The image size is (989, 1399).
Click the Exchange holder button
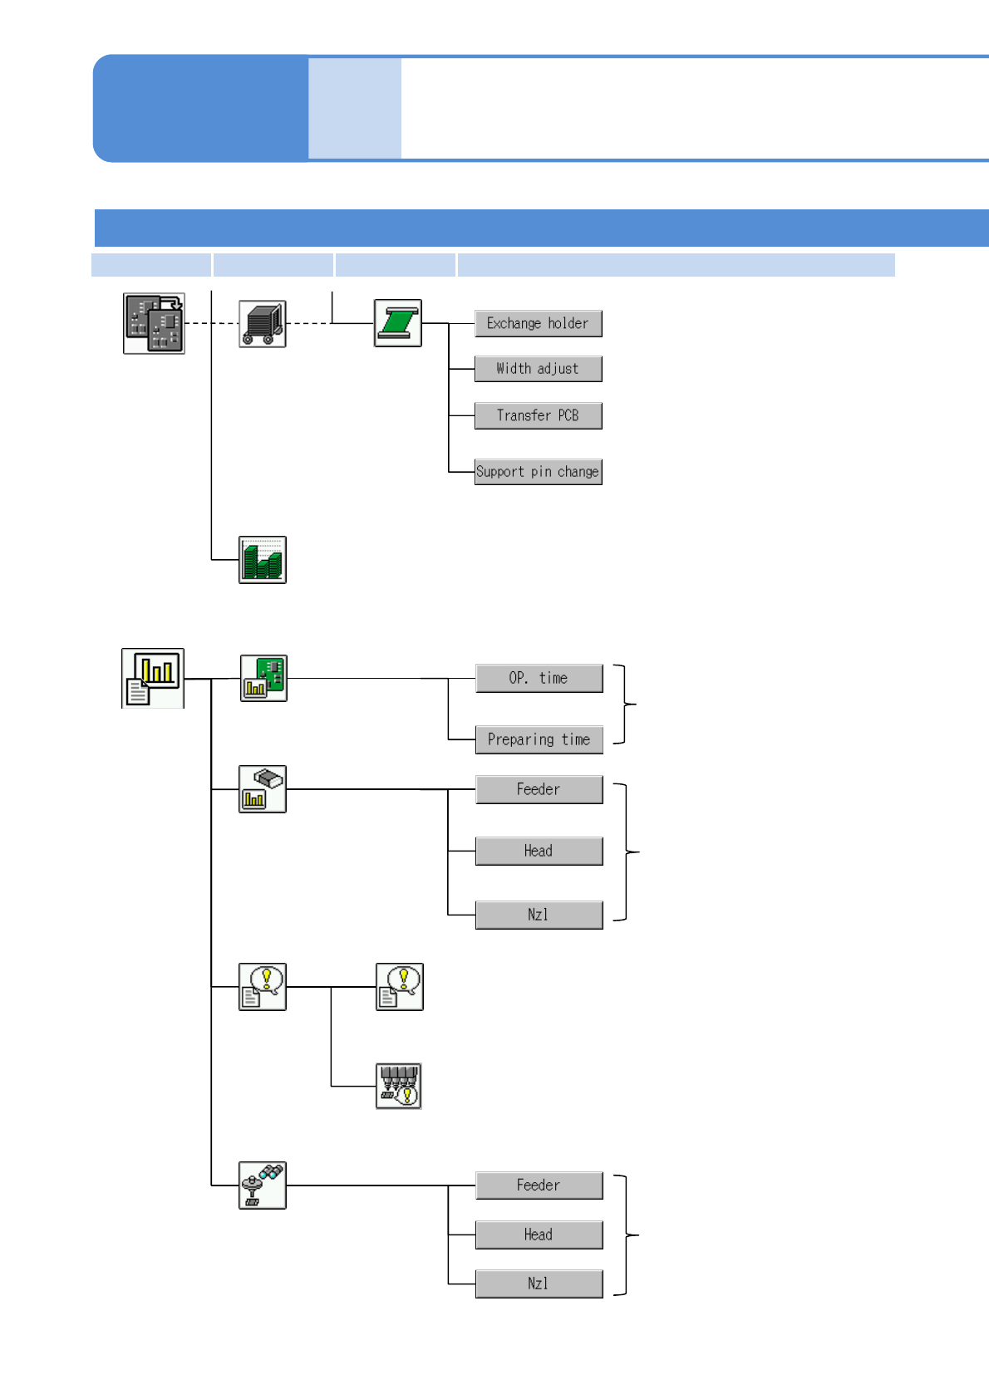point(538,324)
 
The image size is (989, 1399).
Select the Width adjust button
point(538,369)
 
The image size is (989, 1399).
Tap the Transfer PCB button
point(538,415)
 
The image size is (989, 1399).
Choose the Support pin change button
point(538,472)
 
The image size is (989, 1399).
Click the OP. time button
point(539,678)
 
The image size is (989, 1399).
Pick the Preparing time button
point(539,739)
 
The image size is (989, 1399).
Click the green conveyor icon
point(397,323)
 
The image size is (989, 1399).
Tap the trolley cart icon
point(263,324)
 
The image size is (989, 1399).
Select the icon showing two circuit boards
point(154,323)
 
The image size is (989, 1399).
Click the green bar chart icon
point(263,560)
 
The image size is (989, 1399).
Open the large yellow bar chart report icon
point(153,678)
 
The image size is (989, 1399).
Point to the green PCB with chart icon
point(263,678)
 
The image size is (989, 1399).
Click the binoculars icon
point(263,1185)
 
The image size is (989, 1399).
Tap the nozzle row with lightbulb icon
point(399,1086)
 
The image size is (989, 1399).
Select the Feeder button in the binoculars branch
point(539,1185)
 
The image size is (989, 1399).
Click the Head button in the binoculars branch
point(539,1235)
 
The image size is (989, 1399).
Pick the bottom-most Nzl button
point(539,1284)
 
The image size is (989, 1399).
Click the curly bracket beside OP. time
point(625,704)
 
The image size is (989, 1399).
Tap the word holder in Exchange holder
point(568,324)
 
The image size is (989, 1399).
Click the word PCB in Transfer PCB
point(568,415)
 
